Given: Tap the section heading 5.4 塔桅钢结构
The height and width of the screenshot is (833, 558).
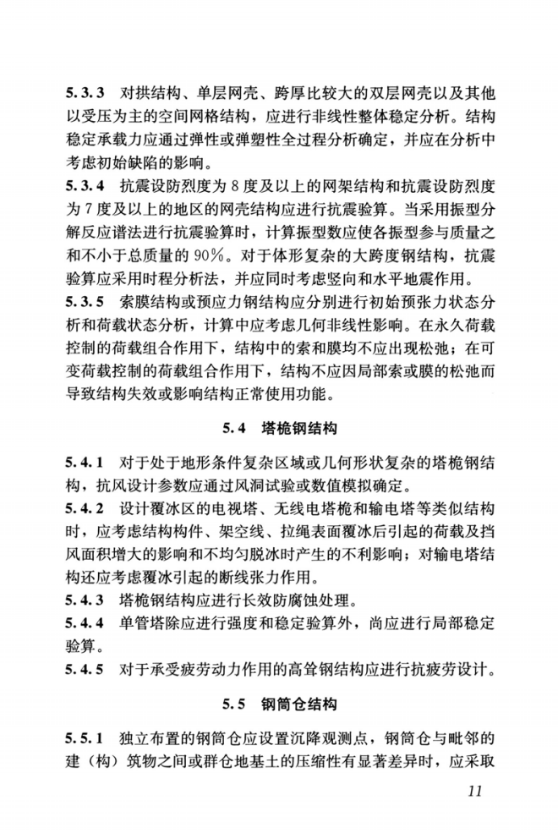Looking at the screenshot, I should [279, 428].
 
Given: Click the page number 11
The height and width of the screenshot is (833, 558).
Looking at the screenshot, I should [473, 792].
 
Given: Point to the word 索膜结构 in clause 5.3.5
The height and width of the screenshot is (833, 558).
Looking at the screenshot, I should [151, 324].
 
